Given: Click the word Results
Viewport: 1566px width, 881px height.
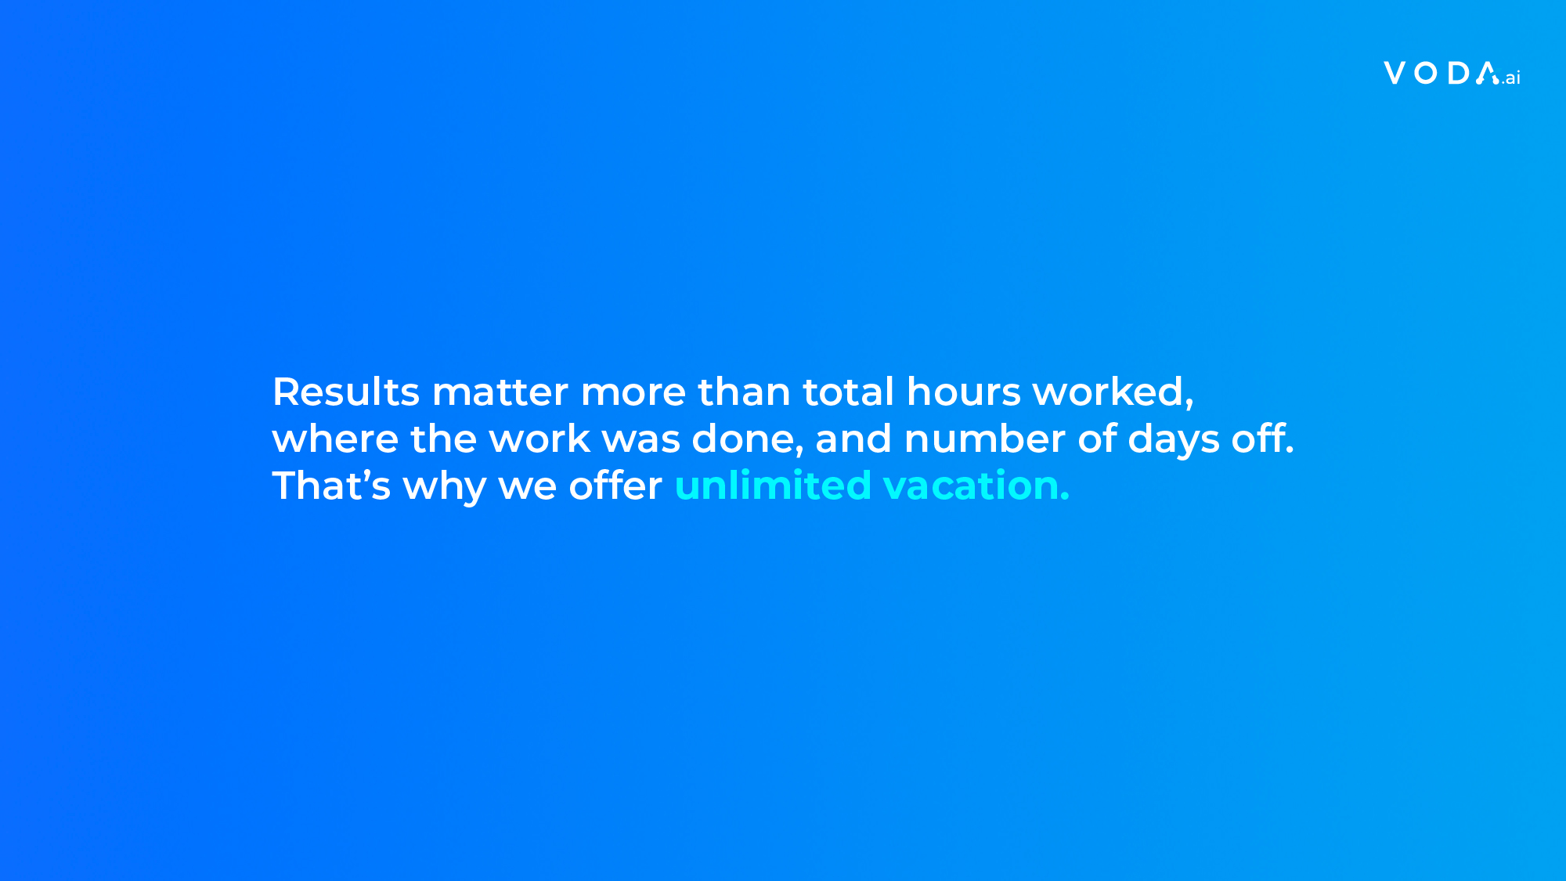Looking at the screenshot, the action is pos(346,392).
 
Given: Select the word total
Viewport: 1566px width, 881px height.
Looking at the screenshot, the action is pos(848,392).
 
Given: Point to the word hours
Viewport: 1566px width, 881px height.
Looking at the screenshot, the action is pos(964,392).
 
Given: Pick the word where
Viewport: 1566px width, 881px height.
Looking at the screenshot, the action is pos(335,439).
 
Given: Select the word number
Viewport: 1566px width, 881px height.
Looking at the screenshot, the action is pos(985,439).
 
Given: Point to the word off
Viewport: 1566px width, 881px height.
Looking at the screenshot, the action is pos(1263,439).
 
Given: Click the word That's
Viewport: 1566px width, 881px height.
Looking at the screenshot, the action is pos(331,486).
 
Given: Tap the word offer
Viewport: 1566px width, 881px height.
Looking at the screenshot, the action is pos(615,486).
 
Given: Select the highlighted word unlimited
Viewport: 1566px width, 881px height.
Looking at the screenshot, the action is pos(773,486).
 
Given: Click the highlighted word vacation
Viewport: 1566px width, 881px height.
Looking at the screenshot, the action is pos(976,486).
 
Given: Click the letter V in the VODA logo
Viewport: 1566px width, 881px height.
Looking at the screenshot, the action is pos(1395,73).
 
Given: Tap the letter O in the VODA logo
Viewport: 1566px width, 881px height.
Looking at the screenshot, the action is pos(1427,73).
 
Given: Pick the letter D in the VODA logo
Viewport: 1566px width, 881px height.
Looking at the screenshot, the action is pos(1459,73).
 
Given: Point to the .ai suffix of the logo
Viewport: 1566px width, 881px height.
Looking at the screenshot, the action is pos(1511,78).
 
